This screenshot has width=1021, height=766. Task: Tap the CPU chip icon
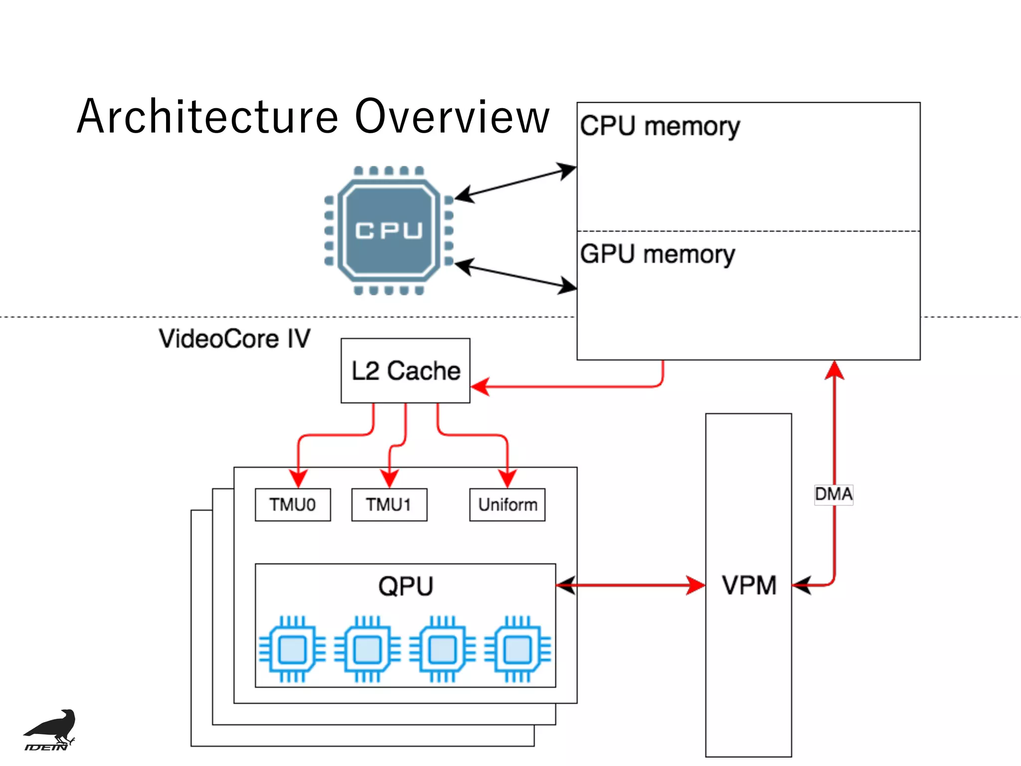point(389,230)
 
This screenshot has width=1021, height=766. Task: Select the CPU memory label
point(659,126)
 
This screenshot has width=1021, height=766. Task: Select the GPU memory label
point(657,254)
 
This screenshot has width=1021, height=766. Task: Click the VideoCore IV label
point(234,339)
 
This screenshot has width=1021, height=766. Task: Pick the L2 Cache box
point(405,371)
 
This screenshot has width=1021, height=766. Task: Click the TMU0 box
point(293,505)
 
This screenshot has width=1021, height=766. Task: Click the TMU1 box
point(389,505)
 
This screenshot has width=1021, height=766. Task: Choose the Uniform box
point(507,505)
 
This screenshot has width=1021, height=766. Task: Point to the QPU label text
point(405,586)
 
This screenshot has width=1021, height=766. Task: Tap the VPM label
point(749,585)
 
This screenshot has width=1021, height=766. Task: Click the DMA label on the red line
point(833,494)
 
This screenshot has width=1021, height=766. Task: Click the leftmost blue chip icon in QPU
point(292,649)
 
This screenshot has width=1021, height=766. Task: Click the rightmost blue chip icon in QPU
point(517,649)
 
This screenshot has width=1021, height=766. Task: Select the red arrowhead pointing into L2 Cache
point(480,386)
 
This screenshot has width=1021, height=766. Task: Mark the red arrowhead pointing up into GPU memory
point(834,370)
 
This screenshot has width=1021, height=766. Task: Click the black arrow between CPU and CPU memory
point(515,182)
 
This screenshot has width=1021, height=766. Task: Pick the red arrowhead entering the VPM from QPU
point(696,585)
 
